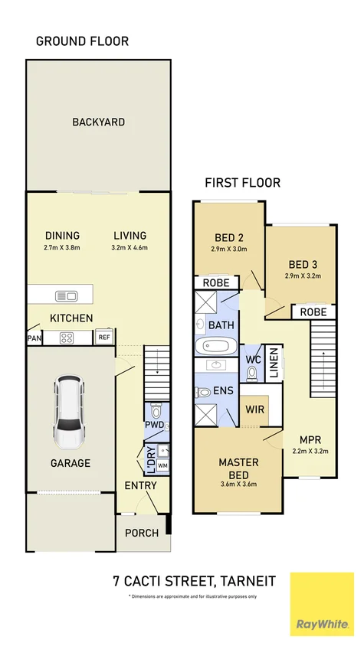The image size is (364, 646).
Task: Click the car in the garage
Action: (69, 412)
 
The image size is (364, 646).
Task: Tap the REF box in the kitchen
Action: (104, 337)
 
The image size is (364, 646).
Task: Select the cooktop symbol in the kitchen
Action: (67, 338)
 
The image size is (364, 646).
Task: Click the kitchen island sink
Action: (66, 295)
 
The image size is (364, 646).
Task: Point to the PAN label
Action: (34, 338)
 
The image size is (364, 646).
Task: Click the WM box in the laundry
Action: (163, 466)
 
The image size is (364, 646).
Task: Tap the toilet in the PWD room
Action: (156, 410)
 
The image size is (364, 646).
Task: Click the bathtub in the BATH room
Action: (216, 346)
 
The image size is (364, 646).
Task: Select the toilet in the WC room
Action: (251, 374)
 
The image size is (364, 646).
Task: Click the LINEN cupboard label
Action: (274, 363)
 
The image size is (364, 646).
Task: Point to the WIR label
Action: (254, 410)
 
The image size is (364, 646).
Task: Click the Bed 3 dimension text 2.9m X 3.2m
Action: (303, 276)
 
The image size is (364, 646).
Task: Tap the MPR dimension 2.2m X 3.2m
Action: (310, 451)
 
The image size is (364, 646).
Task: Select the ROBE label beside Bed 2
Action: (216, 283)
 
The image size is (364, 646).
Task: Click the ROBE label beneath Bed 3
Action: (313, 312)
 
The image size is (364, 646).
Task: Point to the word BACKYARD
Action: (99, 122)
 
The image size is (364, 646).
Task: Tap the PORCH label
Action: (142, 533)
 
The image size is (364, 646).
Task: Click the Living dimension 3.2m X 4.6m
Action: (130, 248)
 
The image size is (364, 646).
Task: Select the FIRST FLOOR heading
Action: (243, 182)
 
